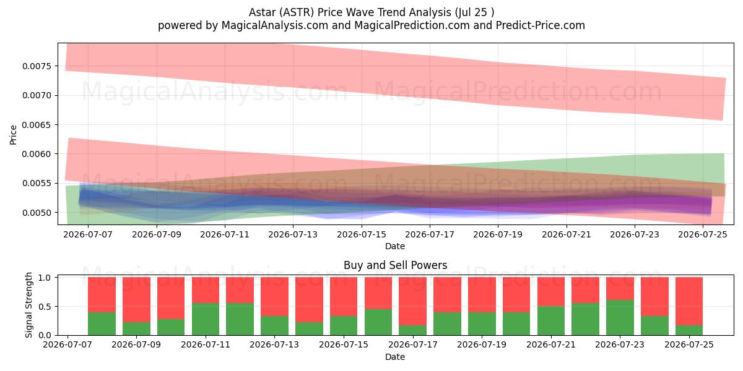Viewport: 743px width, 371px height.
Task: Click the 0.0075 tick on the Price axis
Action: pos(37,66)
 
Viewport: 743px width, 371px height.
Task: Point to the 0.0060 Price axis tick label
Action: pos(37,154)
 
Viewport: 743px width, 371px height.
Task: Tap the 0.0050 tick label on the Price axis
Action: pos(37,213)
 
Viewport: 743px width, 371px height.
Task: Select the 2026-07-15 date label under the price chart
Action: pos(362,234)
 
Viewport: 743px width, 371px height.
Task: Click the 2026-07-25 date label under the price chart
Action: pos(703,234)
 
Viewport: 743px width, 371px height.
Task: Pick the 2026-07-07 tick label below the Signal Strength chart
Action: pos(67,344)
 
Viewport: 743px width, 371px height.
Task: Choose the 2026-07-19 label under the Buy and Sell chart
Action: pos(482,344)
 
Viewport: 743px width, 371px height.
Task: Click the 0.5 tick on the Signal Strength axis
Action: pos(45,307)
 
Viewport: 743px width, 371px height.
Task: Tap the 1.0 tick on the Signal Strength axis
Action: pos(45,278)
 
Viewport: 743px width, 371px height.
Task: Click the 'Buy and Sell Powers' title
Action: pos(396,265)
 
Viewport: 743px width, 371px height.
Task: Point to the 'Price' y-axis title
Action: pos(13,135)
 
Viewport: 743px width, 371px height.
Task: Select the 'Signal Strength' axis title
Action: pos(29,305)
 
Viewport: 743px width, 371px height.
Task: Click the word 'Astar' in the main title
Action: pos(262,12)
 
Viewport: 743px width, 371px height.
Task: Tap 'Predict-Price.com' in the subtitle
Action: pos(541,25)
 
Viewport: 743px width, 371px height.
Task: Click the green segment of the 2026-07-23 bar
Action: pos(620,318)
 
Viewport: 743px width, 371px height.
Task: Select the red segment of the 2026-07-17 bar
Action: pos(412,301)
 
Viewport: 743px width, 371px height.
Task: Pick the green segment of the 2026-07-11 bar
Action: pos(206,319)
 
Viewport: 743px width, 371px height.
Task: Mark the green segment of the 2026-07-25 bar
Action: pos(689,330)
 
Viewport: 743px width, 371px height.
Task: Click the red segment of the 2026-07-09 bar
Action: pos(136,300)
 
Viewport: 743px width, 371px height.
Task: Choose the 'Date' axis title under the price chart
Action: pos(395,247)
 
